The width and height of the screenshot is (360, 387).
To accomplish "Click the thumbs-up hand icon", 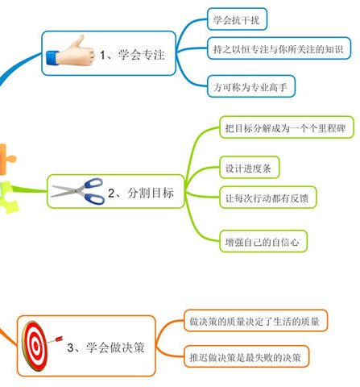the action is pos(70,52).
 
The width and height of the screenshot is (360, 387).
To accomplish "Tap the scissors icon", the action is pos(78,191).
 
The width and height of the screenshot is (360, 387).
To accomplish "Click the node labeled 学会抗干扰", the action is pos(237,19).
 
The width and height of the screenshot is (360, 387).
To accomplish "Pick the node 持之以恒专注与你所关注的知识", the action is pos(279,48).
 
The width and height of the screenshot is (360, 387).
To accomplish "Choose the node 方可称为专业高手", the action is pos(251,86).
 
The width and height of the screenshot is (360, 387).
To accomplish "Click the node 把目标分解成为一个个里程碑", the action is pos(287,127).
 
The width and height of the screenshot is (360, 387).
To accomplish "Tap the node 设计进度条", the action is pos(250,167).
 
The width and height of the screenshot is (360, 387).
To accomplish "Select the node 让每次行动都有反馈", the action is pos(268,198).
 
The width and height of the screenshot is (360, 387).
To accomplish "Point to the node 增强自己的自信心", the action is pos(263,241).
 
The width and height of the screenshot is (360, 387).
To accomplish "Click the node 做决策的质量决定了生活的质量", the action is pos(255,321).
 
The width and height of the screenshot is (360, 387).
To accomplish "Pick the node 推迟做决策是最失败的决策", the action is pos(246,356).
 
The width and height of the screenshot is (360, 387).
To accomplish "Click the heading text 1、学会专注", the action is pos(132,55).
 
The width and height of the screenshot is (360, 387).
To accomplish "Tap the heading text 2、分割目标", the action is pos(141,193).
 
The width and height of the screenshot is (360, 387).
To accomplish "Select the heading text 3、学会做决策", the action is pos(106,347).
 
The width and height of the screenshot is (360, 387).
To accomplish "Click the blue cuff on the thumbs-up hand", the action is pos(52,58).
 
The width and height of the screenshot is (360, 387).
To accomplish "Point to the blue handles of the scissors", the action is pos(93,191).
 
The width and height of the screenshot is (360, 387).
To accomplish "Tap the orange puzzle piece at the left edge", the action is pos(6,159).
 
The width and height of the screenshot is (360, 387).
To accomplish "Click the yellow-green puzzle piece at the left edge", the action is pos(8,198).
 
